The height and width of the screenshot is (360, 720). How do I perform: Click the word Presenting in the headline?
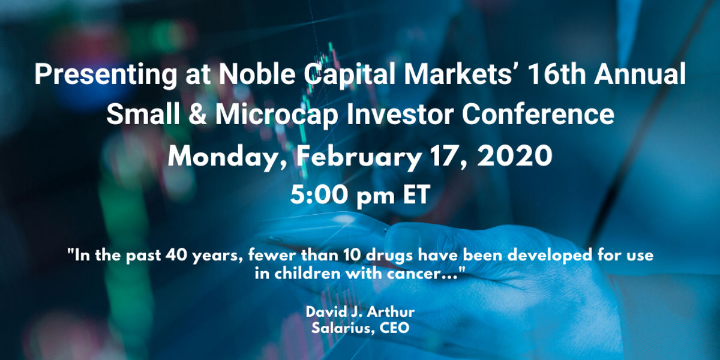tap(106, 75)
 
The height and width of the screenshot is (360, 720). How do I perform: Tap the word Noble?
tap(257, 74)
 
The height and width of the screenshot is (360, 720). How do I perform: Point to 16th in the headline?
tap(556, 74)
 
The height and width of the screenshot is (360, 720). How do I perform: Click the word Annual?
tap(640, 74)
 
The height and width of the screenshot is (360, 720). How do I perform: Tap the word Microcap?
tap(277, 116)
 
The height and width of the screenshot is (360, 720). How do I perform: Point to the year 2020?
tap(515, 156)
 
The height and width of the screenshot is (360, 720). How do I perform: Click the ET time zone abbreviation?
tap(416, 194)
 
